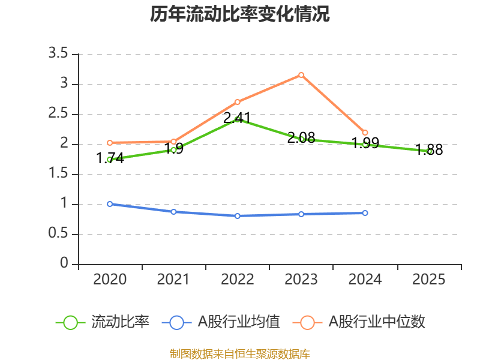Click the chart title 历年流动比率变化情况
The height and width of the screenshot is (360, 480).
[240, 14]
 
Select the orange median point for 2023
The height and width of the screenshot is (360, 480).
[301, 75]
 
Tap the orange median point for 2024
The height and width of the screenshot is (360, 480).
[365, 133]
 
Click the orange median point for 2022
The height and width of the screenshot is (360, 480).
[238, 102]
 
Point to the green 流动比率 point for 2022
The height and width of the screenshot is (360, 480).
[238, 119]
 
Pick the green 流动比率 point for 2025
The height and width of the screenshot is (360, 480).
[429, 152]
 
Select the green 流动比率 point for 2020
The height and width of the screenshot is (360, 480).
[110, 160]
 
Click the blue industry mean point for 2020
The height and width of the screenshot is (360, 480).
[110, 204]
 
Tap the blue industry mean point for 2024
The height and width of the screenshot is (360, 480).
[365, 213]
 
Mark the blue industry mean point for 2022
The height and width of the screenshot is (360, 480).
[238, 215]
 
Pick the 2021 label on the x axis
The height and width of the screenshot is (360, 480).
[173, 280]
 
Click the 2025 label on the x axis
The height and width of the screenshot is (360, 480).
[429, 280]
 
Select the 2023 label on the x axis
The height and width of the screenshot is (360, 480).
[301, 280]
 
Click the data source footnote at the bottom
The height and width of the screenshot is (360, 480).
[240, 353]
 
